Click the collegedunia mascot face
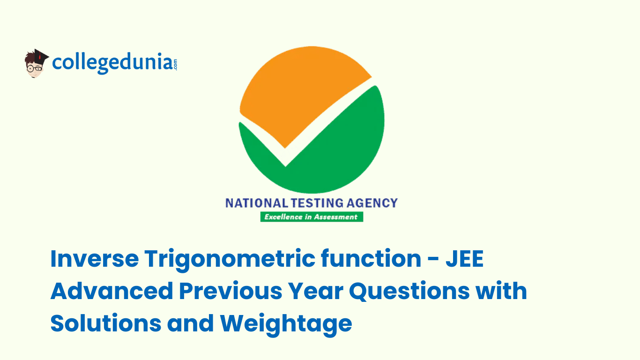tap(35, 67)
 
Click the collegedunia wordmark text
tap(112, 63)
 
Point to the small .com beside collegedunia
tap(175, 65)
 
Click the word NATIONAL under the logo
tap(257, 203)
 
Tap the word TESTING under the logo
tap(317, 203)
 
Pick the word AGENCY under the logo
tap(372, 203)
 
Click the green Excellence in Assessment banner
tap(312, 217)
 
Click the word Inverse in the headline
tap(95, 258)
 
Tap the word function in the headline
tap(371, 258)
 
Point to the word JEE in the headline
tap(465, 258)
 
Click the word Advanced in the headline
tap(112, 291)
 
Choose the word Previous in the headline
tap(231, 291)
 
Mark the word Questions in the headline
tap(409, 291)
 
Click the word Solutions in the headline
tap(106, 323)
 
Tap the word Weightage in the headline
tap(286, 325)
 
